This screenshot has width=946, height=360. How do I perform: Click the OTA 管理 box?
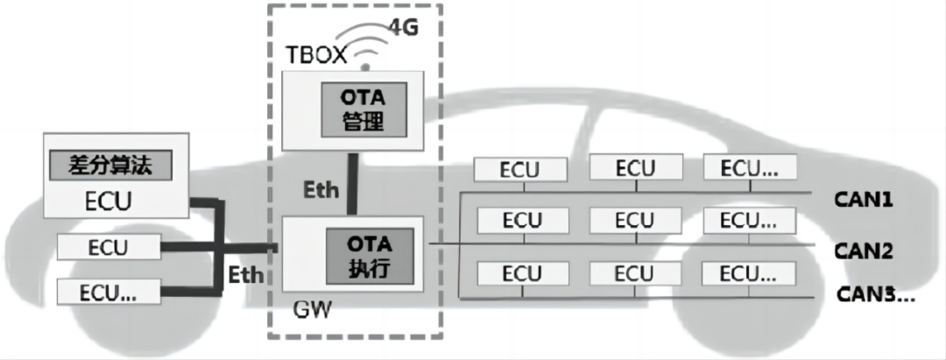tap(362, 109)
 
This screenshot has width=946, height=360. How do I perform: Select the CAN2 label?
tap(863, 251)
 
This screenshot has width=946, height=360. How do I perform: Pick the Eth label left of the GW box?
tap(246, 273)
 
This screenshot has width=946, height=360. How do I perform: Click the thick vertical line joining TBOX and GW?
tap(351, 184)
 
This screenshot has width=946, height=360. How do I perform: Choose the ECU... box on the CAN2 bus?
tap(751, 222)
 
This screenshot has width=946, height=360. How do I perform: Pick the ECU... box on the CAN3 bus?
tap(751, 274)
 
